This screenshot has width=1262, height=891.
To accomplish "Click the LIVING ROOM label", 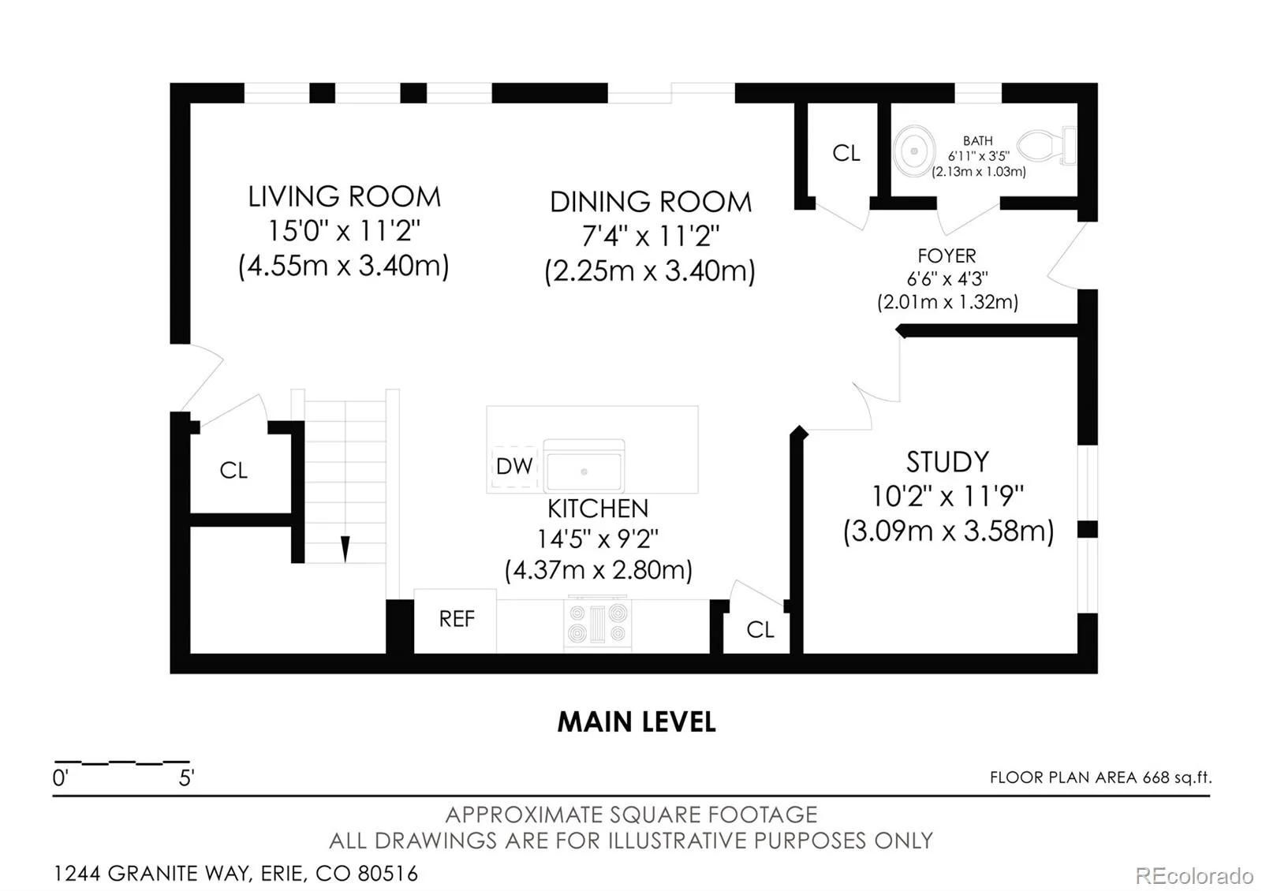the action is click(x=344, y=196).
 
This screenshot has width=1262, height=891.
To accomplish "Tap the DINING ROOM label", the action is click(x=651, y=202).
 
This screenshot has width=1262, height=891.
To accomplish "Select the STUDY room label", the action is click(x=947, y=462).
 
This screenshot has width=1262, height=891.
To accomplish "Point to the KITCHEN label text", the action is click(x=598, y=509).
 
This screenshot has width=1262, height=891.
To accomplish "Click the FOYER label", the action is click(x=946, y=256).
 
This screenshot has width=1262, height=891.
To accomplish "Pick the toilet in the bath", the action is click(x=1047, y=146).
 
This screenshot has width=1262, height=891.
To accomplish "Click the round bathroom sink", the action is click(x=914, y=151).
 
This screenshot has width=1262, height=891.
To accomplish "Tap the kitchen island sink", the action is click(x=584, y=465).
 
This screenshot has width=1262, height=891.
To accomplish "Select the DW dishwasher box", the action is click(x=514, y=466).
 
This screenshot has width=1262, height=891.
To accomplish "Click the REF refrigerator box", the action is click(x=455, y=621).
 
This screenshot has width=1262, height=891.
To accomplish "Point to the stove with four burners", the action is click(x=597, y=624).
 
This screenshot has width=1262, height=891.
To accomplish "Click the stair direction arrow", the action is click(x=345, y=549).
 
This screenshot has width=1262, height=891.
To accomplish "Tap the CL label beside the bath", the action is click(x=846, y=153).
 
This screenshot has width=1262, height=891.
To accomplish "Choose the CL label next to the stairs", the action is click(x=233, y=470).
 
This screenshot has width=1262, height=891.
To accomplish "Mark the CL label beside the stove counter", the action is click(x=760, y=630).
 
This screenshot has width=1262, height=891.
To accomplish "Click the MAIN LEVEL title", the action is click(x=637, y=722).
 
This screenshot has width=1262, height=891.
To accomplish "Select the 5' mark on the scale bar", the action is click(x=186, y=777).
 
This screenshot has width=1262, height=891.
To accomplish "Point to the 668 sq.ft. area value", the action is click(x=1177, y=777).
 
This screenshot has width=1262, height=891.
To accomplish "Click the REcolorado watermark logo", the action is click(x=1194, y=876).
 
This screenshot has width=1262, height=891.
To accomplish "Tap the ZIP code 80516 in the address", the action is click(x=387, y=874).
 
